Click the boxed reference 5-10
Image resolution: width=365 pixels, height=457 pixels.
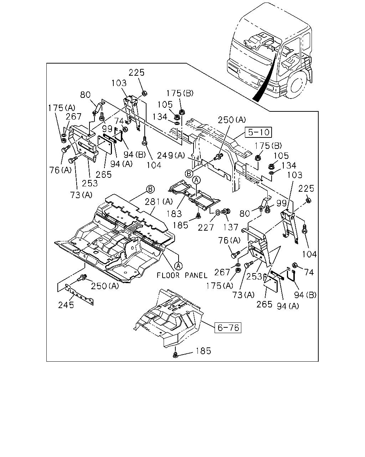[x=258, y=132]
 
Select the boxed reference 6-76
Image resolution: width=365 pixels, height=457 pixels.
[x=228, y=328]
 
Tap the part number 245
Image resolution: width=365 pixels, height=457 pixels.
[x=66, y=305]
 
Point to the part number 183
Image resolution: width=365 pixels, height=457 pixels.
[x=174, y=214]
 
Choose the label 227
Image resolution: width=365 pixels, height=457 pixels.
[x=206, y=228]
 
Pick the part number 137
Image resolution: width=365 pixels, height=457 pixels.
[x=231, y=227]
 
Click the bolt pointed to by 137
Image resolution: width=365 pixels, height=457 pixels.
[x=226, y=211]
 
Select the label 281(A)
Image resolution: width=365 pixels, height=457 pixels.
[x=159, y=201]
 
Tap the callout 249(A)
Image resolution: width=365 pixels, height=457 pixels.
[x=171, y=155]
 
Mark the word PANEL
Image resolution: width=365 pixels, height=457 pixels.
[x=196, y=275]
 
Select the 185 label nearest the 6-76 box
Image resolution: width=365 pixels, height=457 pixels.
[x=204, y=351]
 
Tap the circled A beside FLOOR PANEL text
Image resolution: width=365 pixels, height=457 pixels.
[x=178, y=265]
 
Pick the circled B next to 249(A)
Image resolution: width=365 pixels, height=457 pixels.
[x=189, y=174]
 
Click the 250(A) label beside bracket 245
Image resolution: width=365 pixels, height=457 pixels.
[x=105, y=286]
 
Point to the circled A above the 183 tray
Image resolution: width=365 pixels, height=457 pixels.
[x=196, y=180]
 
